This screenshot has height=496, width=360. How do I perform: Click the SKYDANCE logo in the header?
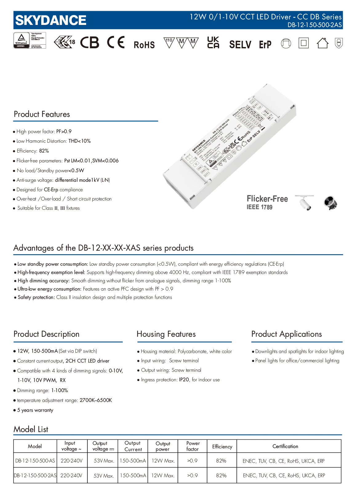pos(51,20)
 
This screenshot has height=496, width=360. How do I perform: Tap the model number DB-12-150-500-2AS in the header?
pos(314,25)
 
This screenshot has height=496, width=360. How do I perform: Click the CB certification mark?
pos(90,43)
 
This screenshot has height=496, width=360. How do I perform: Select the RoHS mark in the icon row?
pos(144,45)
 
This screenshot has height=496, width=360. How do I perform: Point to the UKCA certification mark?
pos(213,43)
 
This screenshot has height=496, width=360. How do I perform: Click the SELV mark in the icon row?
pos(240,45)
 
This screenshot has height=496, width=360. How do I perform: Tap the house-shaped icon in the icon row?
pos(322,43)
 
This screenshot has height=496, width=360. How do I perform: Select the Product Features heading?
pos(42,114)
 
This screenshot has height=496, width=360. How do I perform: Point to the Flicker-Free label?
pos(267,199)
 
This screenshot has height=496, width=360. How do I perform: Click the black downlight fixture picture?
pos(330,203)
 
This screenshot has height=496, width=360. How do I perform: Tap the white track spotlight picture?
pos(305,202)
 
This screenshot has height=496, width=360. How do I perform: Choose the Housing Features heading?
pos(166,334)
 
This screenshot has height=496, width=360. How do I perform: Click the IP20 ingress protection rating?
pos(184,380)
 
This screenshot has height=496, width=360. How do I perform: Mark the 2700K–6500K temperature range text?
pos(96,400)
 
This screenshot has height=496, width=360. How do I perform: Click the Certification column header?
pos(285,446)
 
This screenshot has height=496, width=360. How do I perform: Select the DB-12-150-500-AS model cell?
pos(35,461)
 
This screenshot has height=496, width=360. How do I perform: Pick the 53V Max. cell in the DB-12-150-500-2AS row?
pos(104,476)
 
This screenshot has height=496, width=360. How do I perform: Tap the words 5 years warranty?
pos(35,410)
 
